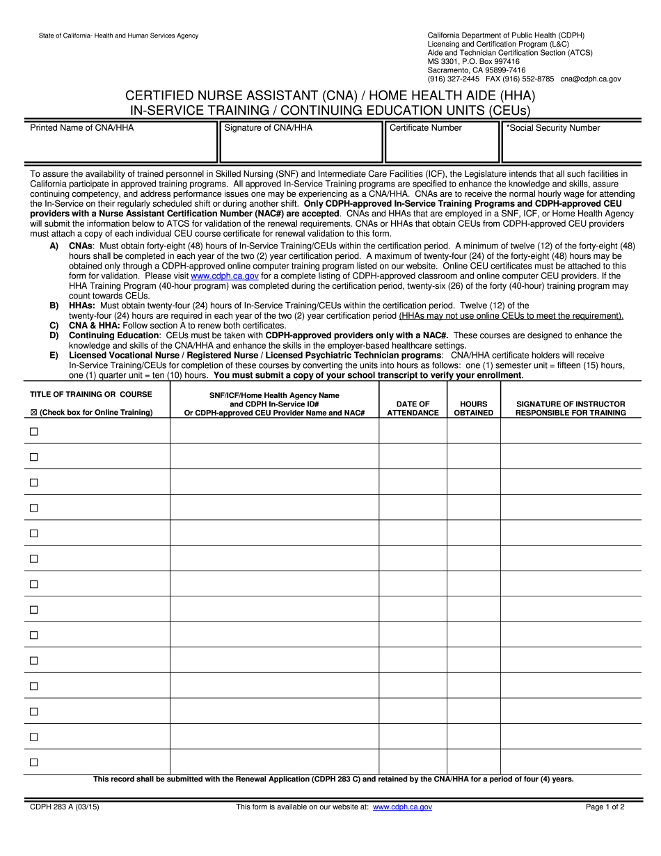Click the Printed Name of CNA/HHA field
(121, 143)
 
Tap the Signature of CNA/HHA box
(301, 143)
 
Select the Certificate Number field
(442, 143)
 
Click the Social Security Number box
(572, 143)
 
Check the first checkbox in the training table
(33, 431)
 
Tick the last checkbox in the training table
(33, 762)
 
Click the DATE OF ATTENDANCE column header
(413, 409)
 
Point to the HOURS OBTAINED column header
(473, 409)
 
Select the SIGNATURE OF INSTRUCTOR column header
(571, 409)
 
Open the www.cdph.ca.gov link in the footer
(402, 807)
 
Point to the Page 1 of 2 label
(605, 807)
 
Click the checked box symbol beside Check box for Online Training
(33, 413)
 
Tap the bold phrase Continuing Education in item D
(113, 335)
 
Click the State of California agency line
(109, 35)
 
